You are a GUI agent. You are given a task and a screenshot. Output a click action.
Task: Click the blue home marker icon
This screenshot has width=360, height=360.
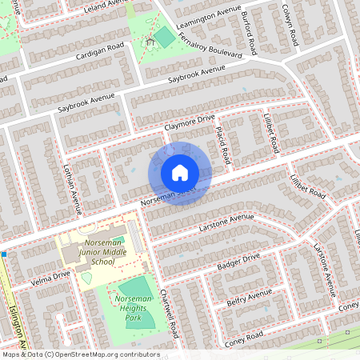[180, 173]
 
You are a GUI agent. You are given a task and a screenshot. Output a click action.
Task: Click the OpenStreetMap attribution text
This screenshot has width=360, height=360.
[80, 354]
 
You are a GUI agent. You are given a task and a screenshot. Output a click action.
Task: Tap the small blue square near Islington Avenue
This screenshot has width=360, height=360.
[4, 254]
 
